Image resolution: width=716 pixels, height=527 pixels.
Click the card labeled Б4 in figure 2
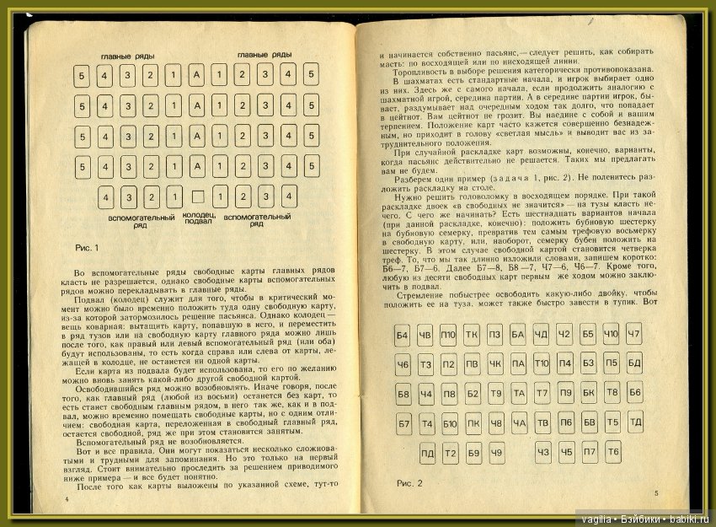(403, 336)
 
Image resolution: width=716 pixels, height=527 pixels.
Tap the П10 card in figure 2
(448, 336)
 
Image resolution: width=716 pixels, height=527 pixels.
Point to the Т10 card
(542, 365)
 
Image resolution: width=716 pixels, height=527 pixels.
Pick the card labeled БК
(589, 393)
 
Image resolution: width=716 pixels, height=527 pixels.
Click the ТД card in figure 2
(635, 421)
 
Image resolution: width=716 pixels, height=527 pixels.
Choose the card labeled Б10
(450, 423)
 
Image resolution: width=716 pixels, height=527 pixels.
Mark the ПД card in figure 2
(427, 454)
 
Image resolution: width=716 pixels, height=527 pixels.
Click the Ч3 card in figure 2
(543, 454)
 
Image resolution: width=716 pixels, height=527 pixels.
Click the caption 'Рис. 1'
(88, 247)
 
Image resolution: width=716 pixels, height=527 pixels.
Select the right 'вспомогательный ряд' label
(257, 220)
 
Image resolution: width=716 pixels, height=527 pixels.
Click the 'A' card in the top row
(195, 77)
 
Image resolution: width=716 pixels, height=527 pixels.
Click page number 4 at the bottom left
(64, 498)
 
